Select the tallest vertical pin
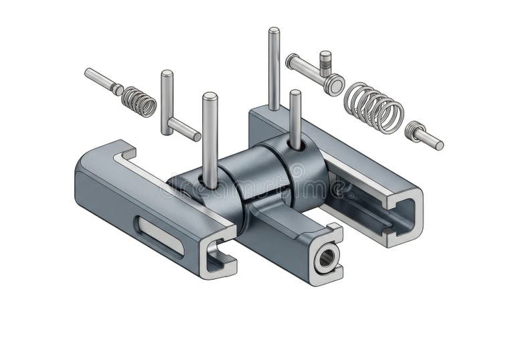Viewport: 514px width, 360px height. pos(274,67)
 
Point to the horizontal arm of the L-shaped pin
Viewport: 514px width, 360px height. pos(184,128)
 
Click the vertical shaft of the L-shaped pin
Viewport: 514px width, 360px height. pos(167,100)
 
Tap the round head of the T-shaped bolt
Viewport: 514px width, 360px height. pos(334,85)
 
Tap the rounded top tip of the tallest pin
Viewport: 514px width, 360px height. pos(274,30)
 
